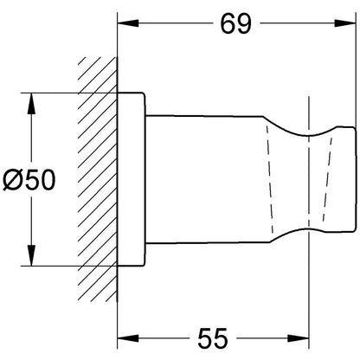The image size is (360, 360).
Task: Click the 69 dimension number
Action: (x=235, y=23)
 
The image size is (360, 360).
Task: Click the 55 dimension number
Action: (x=213, y=337)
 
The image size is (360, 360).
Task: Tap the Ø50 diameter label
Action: (x=29, y=180)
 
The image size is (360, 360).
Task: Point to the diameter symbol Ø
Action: (x=12, y=180)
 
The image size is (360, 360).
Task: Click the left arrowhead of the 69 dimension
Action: (x=128, y=23)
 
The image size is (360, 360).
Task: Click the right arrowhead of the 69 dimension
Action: (x=344, y=23)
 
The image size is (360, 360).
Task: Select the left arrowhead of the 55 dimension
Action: (x=128, y=338)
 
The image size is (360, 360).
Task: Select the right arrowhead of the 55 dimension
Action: (x=299, y=338)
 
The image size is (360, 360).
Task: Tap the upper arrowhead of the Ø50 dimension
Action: (x=31, y=103)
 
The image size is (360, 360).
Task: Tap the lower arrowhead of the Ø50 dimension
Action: (x=31, y=255)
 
